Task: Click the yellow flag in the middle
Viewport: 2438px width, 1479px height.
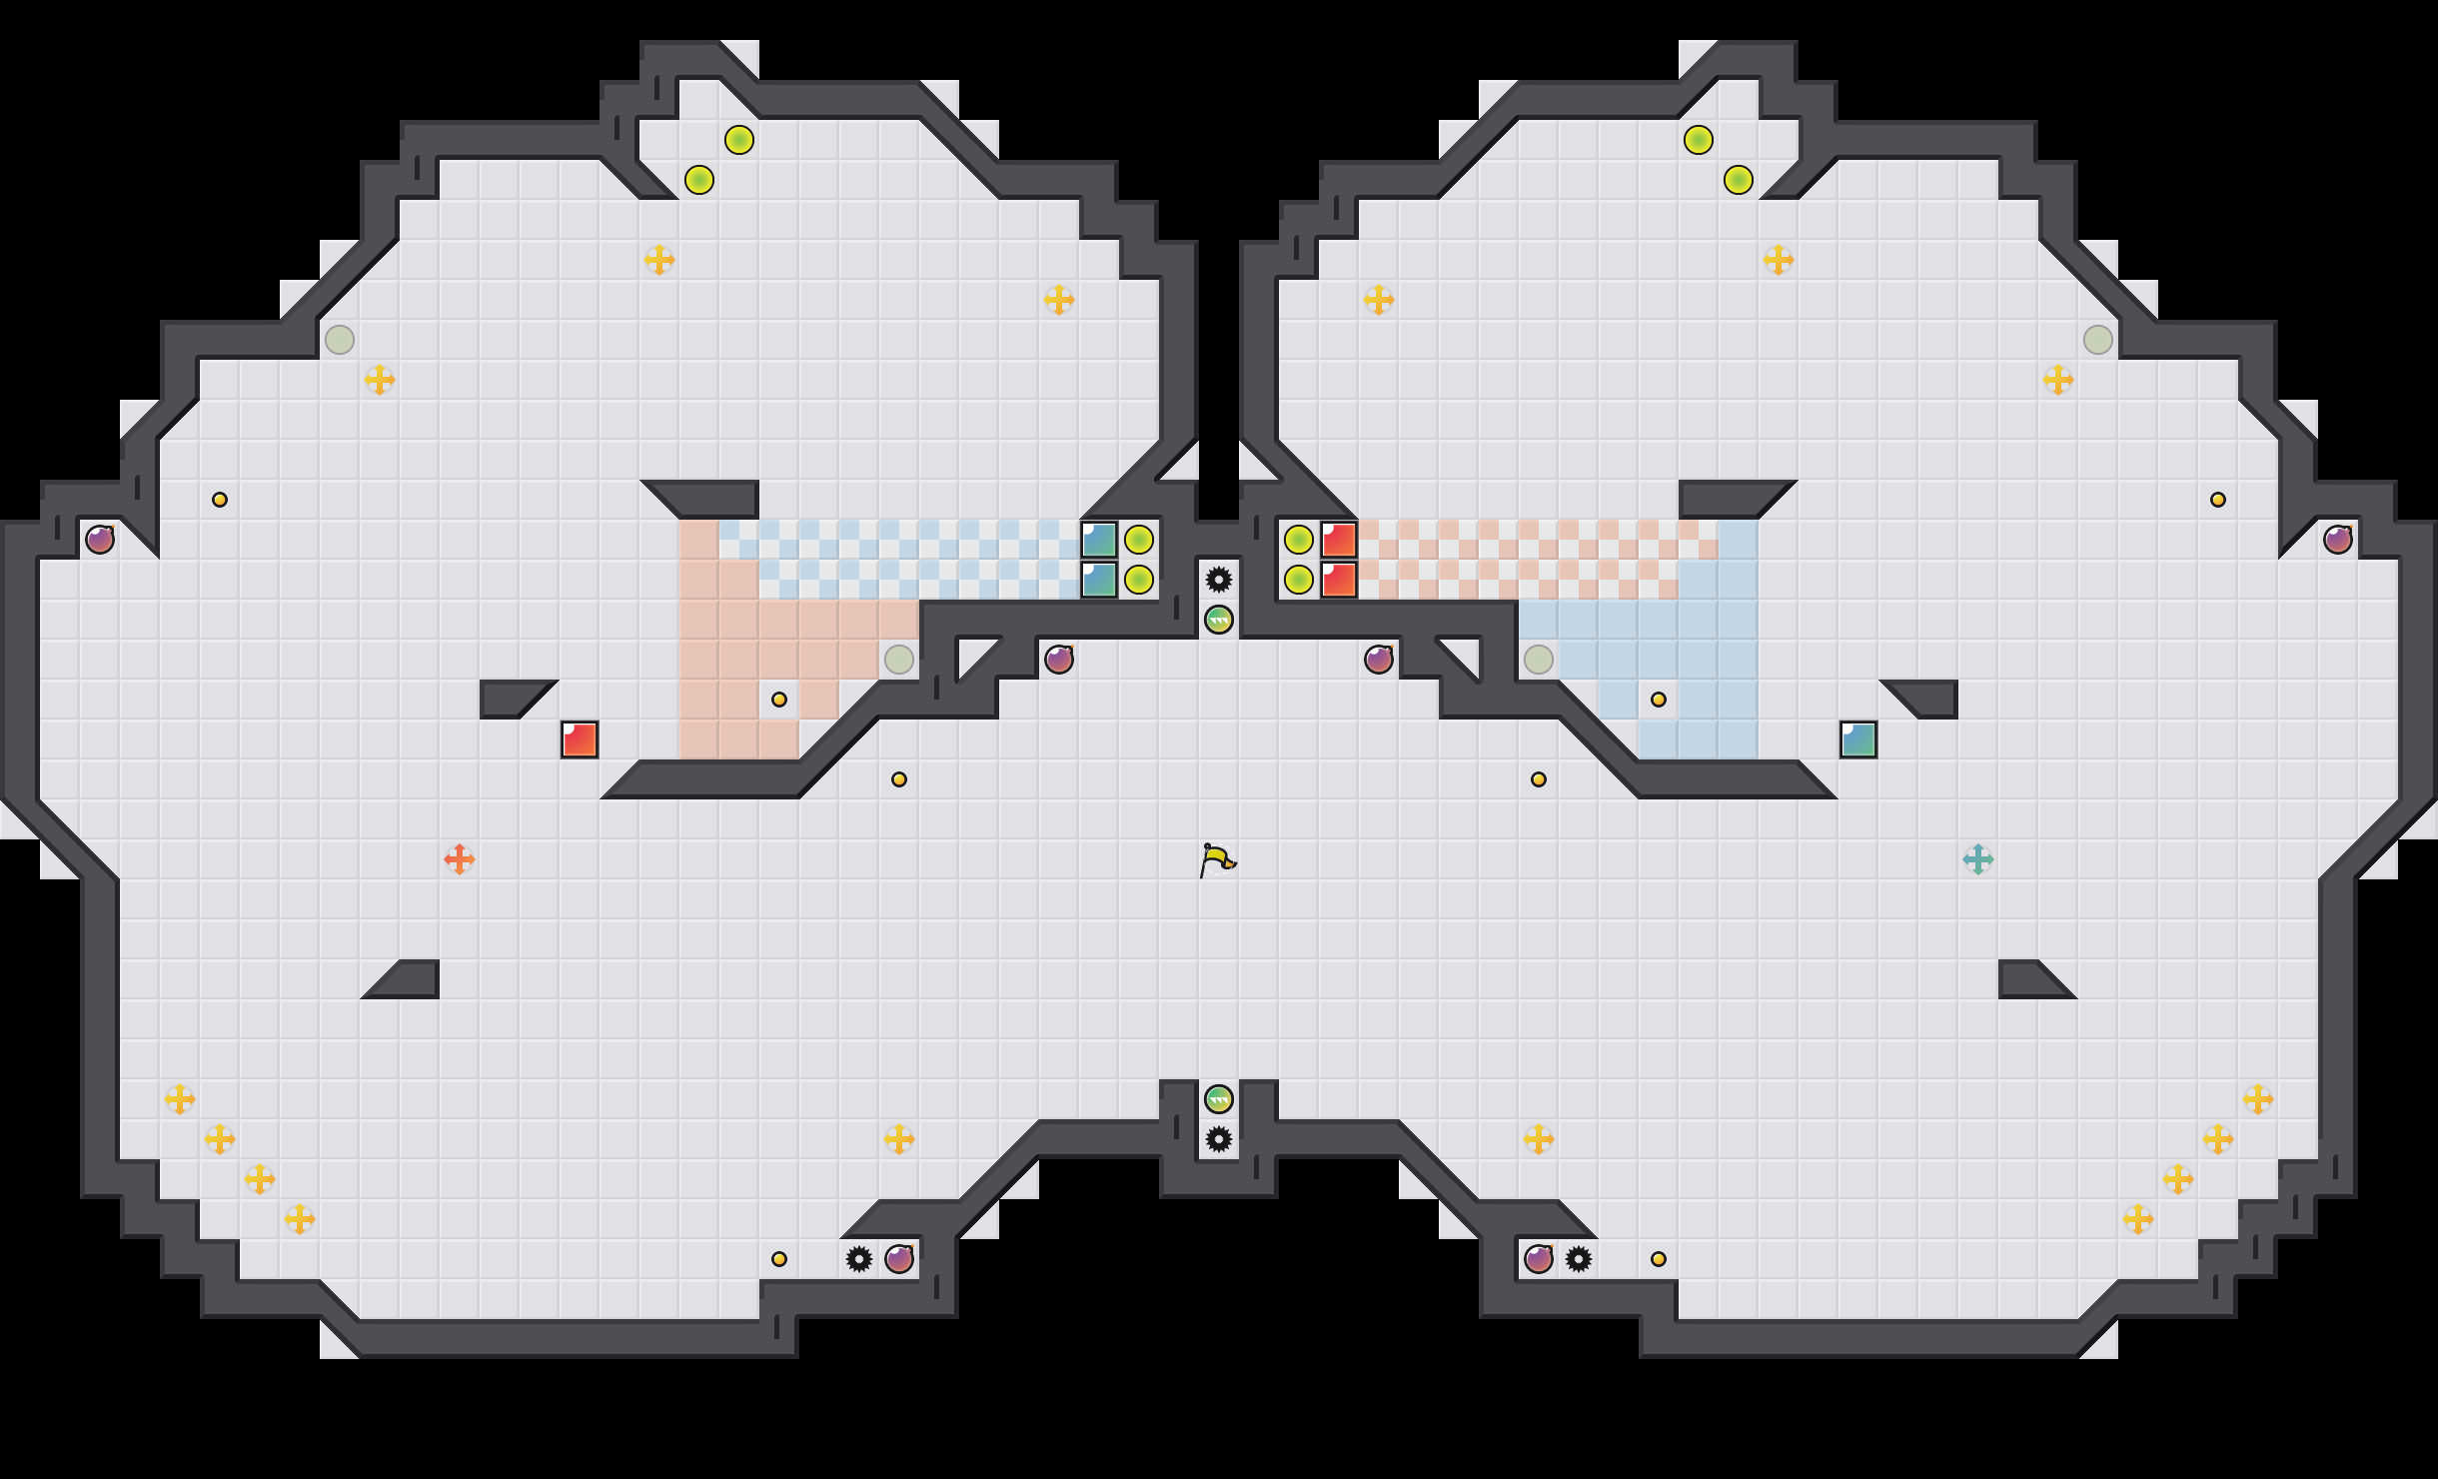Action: tap(1217, 859)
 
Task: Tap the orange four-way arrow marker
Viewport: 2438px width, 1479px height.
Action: tap(460, 858)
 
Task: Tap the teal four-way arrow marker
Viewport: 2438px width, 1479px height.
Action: tap(1977, 858)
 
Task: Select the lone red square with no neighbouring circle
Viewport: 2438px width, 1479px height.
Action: tap(580, 739)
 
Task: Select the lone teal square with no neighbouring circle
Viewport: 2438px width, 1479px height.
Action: tap(1858, 739)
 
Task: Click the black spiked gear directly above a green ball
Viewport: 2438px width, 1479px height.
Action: tap(1219, 580)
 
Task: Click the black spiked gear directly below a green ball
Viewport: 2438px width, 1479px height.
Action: tap(1219, 1139)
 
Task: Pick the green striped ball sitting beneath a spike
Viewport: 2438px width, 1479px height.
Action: tap(1219, 620)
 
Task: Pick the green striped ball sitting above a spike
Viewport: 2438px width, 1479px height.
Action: tap(1219, 1099)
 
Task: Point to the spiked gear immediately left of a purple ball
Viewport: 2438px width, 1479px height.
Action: tap(859, 1259)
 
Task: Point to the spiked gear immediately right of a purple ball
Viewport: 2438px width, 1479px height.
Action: tap(1579, 1259)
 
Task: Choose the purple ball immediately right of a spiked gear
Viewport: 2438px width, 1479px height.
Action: tap(899, 1259)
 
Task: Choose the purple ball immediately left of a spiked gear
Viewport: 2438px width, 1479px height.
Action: tap(1539, 1259)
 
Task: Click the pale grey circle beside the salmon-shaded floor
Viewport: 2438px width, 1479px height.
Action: tap(899, 660)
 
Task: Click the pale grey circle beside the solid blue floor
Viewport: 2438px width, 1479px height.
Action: tap(1539, 660)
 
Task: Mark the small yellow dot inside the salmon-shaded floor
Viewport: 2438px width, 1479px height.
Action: tap(779, 700)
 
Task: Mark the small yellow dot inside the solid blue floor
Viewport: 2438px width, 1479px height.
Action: tap(1659, 700)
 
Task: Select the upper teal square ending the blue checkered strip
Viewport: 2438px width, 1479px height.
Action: tap(1099, 540)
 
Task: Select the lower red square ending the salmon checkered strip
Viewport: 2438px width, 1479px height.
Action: tap(1339, 580)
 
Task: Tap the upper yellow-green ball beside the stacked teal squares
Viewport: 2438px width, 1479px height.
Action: tap(1139, 540)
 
